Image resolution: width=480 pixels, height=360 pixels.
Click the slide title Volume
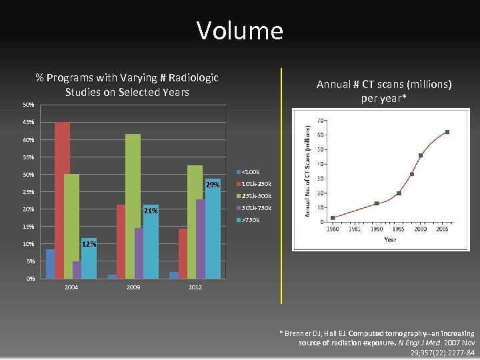[239, 31]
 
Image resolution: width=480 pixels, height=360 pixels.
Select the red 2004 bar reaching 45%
[62, 200]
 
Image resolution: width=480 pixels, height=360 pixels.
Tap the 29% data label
[213, 184]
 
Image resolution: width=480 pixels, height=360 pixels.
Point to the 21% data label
[151, 211]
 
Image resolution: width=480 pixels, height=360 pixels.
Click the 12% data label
[89, 244]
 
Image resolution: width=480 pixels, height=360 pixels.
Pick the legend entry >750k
[250, 220]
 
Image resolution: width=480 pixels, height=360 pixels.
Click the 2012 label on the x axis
[195, 287]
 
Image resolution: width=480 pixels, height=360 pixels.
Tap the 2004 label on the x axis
[71, 287]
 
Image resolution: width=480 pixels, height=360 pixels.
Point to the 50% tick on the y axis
[29, 105]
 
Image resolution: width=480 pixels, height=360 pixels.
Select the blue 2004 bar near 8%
[50, 263]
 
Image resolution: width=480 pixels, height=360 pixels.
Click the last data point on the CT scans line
[447, 132]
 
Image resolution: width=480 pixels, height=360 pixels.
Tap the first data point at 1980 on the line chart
[333, 218]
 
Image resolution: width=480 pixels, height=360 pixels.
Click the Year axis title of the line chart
[390, 239]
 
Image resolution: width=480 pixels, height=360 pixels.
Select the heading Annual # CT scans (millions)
[384, 84]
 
